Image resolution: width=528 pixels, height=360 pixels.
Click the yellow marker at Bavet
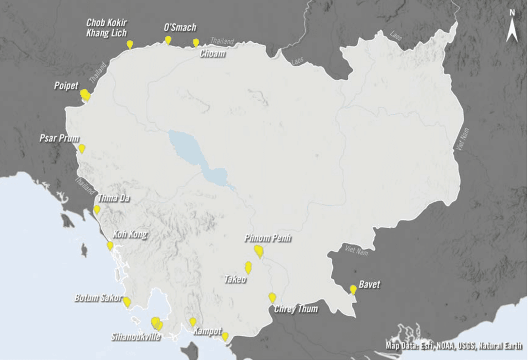coord(353,289)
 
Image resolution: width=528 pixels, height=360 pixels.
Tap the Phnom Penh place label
coord(268,239)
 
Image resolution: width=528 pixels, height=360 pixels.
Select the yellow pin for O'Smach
coord(168,40)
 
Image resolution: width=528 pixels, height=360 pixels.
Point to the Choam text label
coord(213,54)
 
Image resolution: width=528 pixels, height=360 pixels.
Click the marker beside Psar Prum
coord(82,148)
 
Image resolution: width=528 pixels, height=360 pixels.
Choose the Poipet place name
coord(66,86)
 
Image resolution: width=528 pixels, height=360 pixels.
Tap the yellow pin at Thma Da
coord(97,209)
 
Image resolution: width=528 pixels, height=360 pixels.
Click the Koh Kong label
coord(129,234)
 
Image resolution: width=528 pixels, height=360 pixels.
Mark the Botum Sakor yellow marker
coord(127,302)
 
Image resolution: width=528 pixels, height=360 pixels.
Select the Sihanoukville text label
coord(136,337)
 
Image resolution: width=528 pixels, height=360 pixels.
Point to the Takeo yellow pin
coord(248,267)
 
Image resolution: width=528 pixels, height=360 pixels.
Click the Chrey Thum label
coord(296,309)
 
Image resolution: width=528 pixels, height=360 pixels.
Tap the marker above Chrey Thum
coord(272,297)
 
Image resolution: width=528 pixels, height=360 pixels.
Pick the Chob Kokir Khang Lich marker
coord(130,44)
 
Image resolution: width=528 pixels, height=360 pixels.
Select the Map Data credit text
coord(454,346)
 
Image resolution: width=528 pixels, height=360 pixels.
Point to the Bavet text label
coord(369,285)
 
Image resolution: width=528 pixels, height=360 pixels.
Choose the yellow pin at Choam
coord(196,42)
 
